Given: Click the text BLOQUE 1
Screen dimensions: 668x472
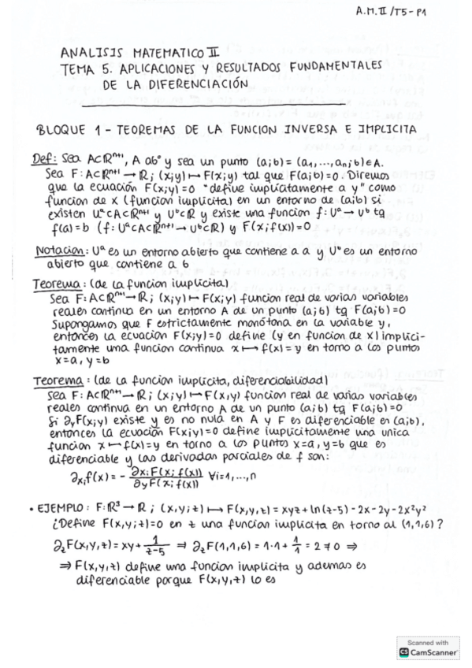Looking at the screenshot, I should (x=69, y=129).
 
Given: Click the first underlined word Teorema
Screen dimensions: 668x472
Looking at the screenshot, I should (x=55, y=282).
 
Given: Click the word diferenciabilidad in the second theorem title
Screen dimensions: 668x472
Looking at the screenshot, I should (x=268, y=381).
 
